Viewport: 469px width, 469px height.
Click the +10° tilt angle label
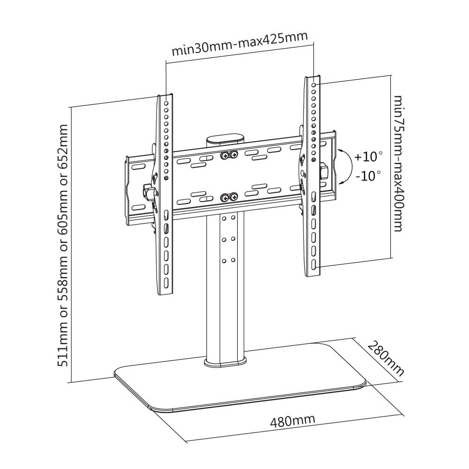368,156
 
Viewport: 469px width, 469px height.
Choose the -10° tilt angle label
368,176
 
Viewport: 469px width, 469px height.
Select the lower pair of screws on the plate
229,197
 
